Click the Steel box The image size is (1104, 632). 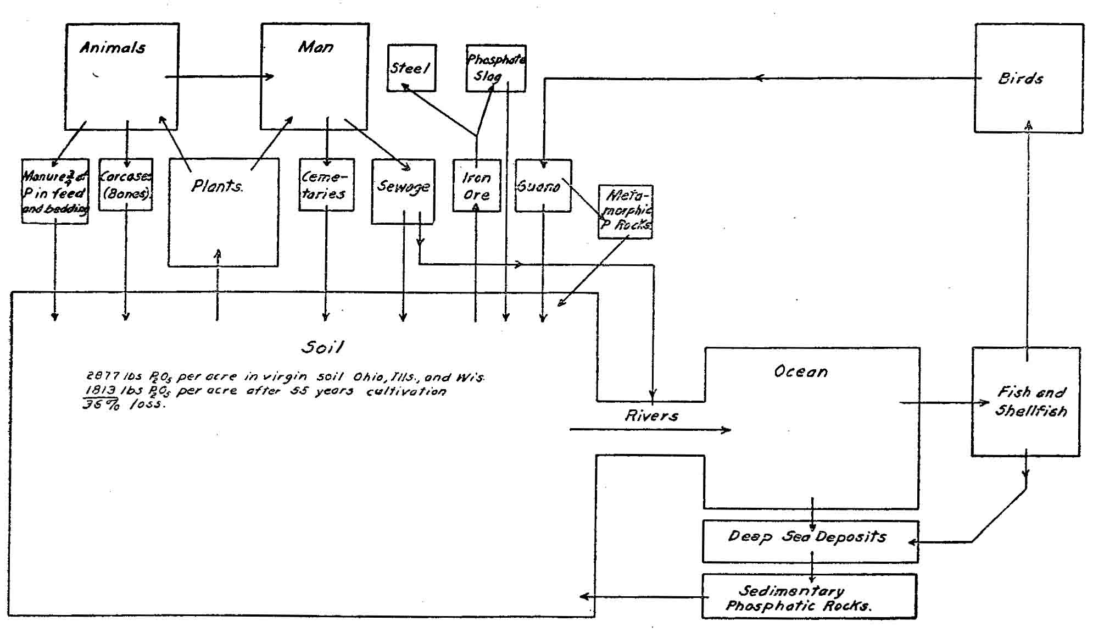(x=411, y=68)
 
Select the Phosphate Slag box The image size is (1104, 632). (x=495, y=68)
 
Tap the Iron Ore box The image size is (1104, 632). (x=476, y=186)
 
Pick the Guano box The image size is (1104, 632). (x=543, y=186)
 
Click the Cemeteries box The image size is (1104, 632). (x=326, y=185)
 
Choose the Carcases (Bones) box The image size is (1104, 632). (x=125, y=185)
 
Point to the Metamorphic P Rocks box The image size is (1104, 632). (x=625, y=212)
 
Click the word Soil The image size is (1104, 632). (x=322, y=347)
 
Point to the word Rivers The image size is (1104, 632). (x=651, y=415)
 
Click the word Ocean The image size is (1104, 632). (x=800, y=372)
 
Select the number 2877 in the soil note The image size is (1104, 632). (x=103, y=376)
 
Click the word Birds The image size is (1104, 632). (x=1020, y=79)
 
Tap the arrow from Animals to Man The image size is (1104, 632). (x=219, y=76)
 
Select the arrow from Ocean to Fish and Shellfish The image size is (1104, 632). (x=944, y=403)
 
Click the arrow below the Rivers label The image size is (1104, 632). (x=650, y=429)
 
